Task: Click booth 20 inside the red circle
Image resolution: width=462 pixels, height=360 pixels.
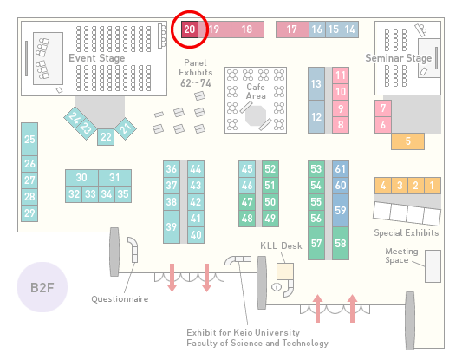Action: click(190, 29)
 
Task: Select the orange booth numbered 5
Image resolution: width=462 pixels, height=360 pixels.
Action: click(407, 141)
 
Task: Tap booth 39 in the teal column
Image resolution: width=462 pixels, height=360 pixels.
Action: click(172, 226)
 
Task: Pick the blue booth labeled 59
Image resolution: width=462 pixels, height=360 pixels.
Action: click(341, 210)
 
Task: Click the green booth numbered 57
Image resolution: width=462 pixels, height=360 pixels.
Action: click(316, 243)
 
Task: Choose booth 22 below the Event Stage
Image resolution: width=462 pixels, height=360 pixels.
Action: click(106, 137)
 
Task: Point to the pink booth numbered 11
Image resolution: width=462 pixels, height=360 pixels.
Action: click(341, 75)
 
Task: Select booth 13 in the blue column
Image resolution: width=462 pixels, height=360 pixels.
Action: click(316, 84)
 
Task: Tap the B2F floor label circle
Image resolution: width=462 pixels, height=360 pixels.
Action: click(42, 287)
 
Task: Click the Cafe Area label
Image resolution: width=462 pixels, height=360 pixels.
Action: click(256, 91)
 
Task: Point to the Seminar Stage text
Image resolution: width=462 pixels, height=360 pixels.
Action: click(399, 58)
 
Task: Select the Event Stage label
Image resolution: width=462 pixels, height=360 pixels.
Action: click(96, 58)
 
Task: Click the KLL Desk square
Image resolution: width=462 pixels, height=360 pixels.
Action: click(285, 272)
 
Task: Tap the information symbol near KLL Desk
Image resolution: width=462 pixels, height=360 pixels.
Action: click(277, 286)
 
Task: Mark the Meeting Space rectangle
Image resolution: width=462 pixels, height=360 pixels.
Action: click(433, 266)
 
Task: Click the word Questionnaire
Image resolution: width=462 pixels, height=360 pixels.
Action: click(120, 299)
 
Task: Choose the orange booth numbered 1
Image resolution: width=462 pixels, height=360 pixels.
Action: click(433, 186)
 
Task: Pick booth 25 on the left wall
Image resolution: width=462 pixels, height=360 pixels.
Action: click(29, 139)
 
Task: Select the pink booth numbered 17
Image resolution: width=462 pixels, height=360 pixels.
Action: click(292, 29)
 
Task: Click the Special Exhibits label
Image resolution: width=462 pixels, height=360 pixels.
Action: click(407, 233)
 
